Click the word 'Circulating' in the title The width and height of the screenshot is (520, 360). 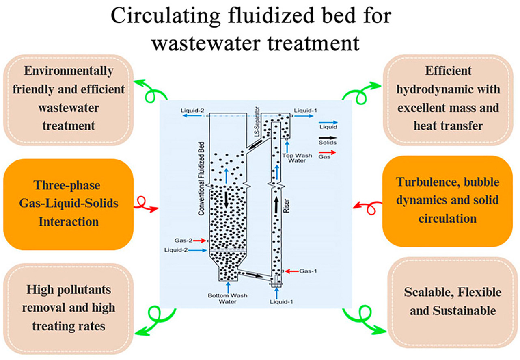[x=165, y=16]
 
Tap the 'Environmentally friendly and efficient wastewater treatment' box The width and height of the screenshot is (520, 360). [x=69, y=100]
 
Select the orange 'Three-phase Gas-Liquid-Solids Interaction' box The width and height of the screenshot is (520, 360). [x=69, y=204]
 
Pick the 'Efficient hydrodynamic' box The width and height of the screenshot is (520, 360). [x=448, y=100]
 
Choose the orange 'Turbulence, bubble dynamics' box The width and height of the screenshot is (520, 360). [x=448, y=201]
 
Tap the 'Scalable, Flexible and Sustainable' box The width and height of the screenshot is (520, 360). [x=453, y=303]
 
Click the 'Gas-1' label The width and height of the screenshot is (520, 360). [x=308, y=271]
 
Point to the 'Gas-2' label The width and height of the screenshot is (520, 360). [x=183, y=240]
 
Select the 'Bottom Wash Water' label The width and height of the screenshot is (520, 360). [x=227, y=298]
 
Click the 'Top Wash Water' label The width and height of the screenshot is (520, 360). [x=297, y=158]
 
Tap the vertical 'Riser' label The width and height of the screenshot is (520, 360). [x=287, y=206]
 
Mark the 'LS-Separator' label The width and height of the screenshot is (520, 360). [x=257, y=122]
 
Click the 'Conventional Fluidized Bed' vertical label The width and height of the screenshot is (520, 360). [x=201, y=178]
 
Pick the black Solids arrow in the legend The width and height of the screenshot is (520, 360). [x=328, y=138]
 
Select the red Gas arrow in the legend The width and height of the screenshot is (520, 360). [x=327, y=153]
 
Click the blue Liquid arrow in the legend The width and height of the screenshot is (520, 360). [x=328, y=122]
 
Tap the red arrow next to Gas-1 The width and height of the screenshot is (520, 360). [x=292, y=271]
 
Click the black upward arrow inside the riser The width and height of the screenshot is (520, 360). [x=276, y=204]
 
